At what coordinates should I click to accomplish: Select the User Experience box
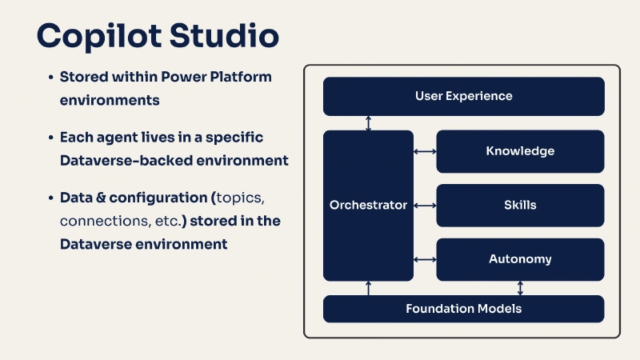(463, 96)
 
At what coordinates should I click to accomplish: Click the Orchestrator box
(368, 205)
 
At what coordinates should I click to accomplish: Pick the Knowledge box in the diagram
(520, 151)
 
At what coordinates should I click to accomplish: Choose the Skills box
(520, 205)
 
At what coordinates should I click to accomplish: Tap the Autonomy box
(520, 259)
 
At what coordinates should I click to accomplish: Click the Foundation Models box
(463, 309)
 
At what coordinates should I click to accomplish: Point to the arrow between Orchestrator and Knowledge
(425, 151)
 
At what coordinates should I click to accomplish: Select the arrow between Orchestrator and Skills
(425, 205)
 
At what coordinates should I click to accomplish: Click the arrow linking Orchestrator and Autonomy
(425, 259)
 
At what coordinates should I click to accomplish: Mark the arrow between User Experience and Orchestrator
(368, 123)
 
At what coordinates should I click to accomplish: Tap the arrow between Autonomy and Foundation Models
(521, 288)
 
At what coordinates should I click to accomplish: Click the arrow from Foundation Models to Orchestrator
(368, 288)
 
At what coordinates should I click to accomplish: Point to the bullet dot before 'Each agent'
(50, 138)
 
